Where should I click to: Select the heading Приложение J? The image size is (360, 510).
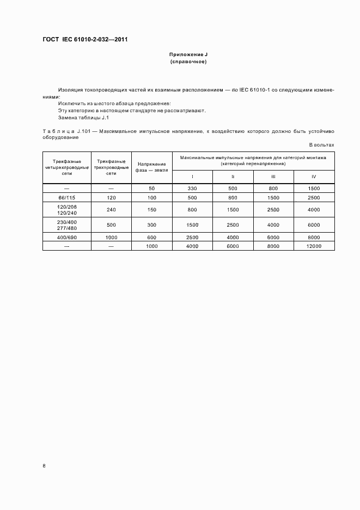(188, 55)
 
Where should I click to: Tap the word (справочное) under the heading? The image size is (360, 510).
(188, 62)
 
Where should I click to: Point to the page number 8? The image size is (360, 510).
(44, 465)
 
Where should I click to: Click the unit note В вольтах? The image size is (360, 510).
(321, 145)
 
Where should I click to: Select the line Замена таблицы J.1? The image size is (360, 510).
(83, 117)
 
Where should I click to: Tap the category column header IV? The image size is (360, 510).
(314, 177)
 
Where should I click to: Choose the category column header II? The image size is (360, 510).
(233, 177)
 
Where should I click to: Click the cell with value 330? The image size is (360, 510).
(192, 188)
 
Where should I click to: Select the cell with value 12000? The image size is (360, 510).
(314, 246)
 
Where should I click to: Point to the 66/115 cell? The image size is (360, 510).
(67, 197)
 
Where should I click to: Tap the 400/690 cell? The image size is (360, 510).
(67, 237)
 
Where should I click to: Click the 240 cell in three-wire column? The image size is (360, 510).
(111, 210)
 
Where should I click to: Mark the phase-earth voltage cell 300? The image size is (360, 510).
(152, 224)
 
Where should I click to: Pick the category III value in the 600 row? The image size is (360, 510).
(273, 237)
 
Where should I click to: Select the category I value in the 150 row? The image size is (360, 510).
(192, 210)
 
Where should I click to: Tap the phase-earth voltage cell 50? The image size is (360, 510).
(152, 188)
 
